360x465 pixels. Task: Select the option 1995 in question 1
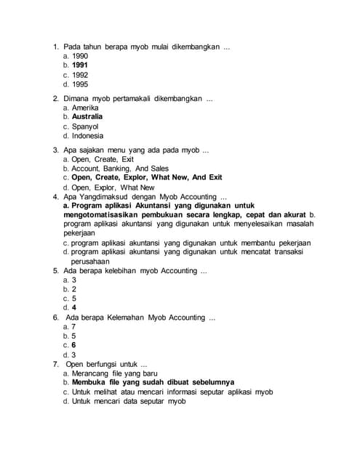coord(80,84)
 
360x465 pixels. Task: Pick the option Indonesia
coord(87,136)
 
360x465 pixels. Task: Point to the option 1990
coord(80,56)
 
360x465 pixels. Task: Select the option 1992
coord(80,74)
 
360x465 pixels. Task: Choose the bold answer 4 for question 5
coord(74,307)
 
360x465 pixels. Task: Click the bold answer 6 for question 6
coord(74,345)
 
